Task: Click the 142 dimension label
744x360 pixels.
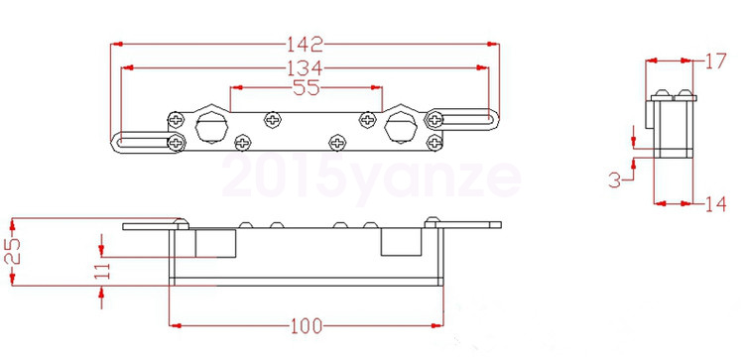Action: tap(305, 44)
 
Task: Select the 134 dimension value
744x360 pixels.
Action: tap(305, 68)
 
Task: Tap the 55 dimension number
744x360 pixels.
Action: tap(307, 87)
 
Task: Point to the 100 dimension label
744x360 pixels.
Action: tap(307, 326)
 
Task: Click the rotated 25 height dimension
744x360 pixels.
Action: tap(12, 251)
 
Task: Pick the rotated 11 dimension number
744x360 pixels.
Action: tap(102, 271)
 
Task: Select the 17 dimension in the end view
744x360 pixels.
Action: tap(715, 61)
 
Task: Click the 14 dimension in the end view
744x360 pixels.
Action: tap(715, 204)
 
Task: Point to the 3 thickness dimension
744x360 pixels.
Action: tap(614, 180)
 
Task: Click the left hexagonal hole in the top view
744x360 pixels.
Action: tap(211, 126)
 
